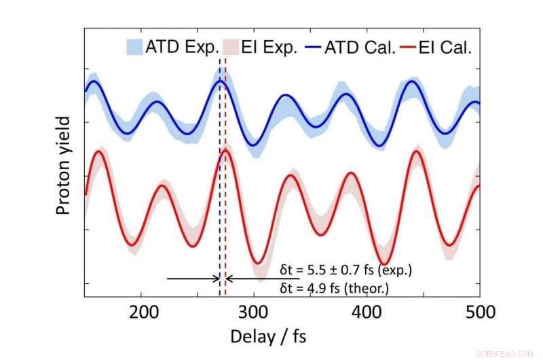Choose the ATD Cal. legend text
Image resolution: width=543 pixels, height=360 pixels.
pos(360,47)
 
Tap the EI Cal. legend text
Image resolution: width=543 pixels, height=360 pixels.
pos(447,47)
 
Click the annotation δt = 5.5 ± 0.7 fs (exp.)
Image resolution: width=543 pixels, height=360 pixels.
pos(346,270)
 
